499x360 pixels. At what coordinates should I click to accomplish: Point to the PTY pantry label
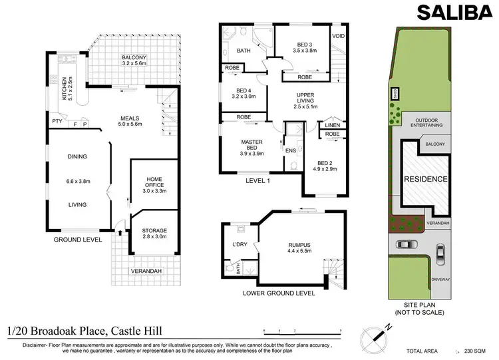(x=58, y=122)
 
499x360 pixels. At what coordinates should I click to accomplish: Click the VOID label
(x=338, y=36)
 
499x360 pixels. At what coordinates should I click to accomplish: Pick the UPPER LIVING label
(x=309, y=100)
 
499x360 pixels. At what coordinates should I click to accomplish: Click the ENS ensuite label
(x=291, y=150)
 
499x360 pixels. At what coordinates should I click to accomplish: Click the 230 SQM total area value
(x=474, y=351)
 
